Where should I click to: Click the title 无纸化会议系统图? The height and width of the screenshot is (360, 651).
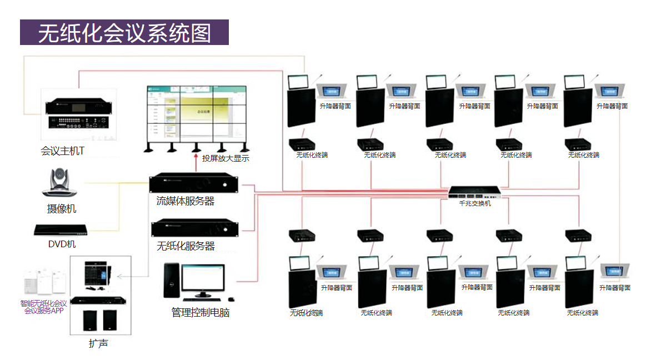click(124, 33)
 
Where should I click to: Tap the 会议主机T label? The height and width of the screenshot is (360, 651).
click(62, 151)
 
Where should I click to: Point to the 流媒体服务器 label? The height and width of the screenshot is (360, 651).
click(185, 201)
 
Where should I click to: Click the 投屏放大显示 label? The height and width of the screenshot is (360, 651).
click(225, 158)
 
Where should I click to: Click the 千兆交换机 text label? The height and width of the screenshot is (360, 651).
click(474, 203)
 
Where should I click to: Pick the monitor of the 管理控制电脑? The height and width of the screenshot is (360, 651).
click(203, 281)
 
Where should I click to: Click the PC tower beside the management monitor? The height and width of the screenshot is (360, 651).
click(170, 282)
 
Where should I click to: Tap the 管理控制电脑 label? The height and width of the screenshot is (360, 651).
click(200, 312)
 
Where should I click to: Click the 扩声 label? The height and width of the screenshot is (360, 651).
click(98, 343)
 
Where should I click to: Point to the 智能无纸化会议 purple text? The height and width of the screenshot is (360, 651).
click(44, 303)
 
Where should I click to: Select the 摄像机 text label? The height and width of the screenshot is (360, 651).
click(62, 209)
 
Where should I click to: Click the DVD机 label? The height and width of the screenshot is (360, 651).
click(62, 244)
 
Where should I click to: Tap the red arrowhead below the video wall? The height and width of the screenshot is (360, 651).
click(196, 159)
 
